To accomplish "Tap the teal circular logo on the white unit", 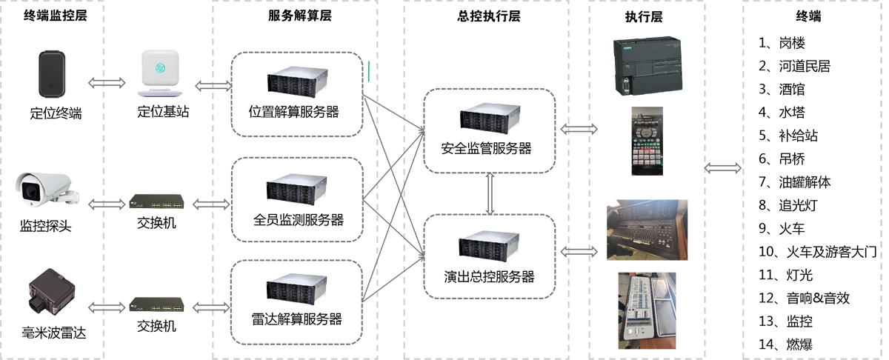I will (x=159, y=68).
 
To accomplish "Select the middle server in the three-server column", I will (x=296, y=187).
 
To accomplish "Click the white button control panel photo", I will (x=647, y=307).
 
